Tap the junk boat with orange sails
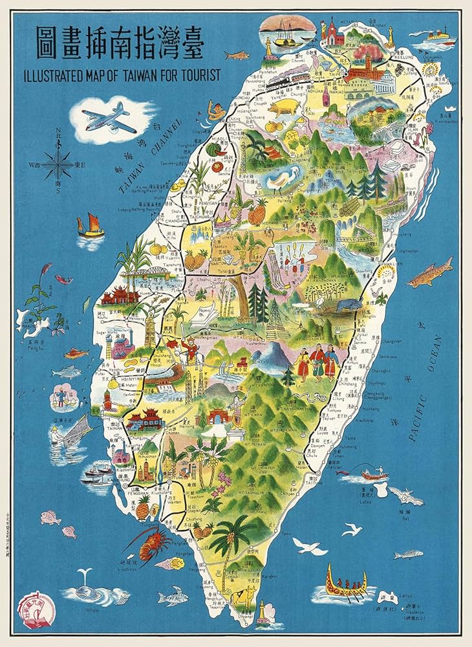(x=90, y=226)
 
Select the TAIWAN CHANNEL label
(x=146, y=159)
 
